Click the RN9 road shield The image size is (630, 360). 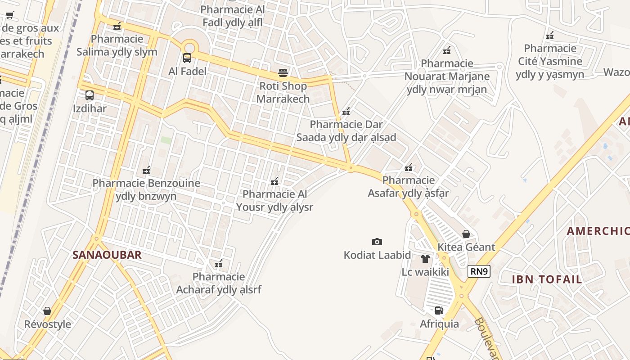[479, 271]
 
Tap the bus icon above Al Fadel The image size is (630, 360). [187, 58]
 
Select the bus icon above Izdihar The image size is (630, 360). [90, 95]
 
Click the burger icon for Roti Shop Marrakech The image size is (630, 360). [283, 72]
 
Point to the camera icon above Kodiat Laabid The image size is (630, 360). [377, 242]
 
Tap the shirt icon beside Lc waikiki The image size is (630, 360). [425, 259]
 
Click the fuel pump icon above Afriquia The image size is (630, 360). [439, 310]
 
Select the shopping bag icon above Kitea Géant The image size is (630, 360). [466, 234]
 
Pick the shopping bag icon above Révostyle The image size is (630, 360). [47, 311]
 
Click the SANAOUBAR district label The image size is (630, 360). [107, 255]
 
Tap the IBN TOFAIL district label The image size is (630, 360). [547, 279]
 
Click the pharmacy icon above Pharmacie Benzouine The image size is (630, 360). [146, 170]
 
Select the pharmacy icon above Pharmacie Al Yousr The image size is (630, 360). [274, 181]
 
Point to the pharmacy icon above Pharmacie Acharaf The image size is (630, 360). [219, 264]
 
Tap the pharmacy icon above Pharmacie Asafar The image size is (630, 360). [409, 167]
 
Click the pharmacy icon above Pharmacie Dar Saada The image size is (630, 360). [346, 111]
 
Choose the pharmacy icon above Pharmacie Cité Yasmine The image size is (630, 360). [549, 35]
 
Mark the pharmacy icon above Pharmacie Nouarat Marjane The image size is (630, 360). [447, 50]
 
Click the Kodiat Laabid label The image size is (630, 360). [377, 255]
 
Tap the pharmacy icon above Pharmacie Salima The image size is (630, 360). [117, 26]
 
